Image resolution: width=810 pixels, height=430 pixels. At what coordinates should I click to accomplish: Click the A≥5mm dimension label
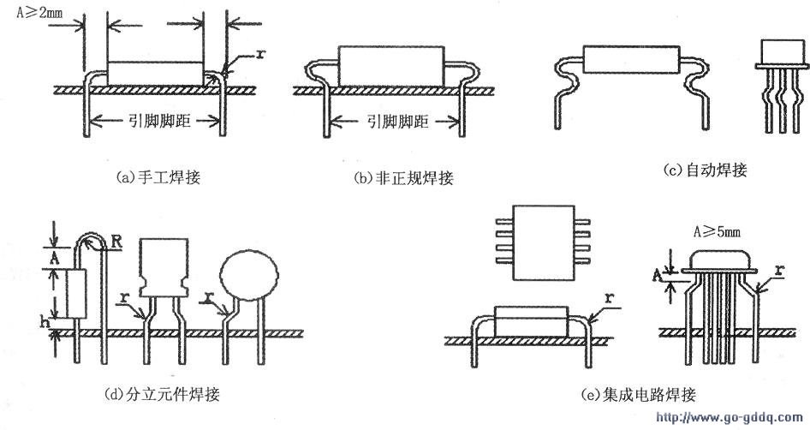click(717, 231)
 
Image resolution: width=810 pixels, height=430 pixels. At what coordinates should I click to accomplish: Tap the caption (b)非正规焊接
click(402, 178)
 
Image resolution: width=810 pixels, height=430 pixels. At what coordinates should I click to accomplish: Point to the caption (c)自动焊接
click(706, 170)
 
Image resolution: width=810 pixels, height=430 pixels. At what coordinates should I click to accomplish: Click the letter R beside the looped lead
click(114, 243)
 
